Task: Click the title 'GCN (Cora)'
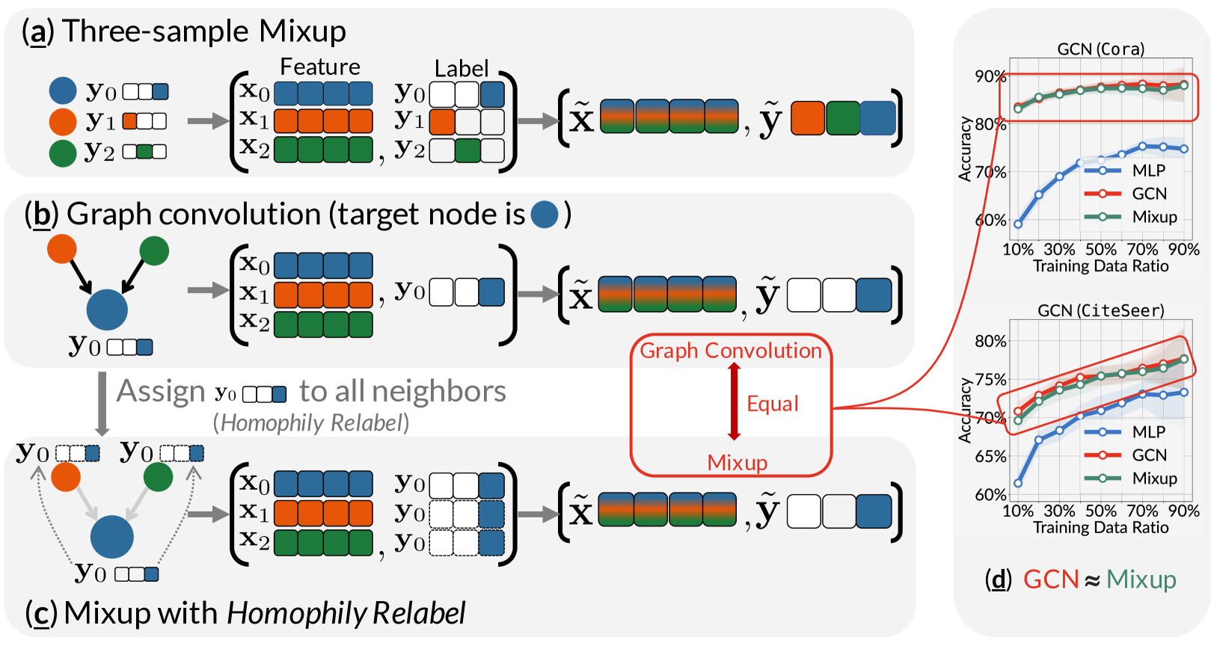1101,49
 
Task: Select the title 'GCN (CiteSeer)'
1101,311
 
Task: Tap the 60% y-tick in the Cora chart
990,221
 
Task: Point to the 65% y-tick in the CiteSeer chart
990,457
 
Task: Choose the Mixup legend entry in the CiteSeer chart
1131,479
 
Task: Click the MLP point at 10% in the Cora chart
1018,224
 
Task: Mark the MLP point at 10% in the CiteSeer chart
1018,483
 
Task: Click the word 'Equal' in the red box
773,404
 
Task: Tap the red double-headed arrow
734,401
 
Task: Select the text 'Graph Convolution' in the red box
730,351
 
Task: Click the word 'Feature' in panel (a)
320,67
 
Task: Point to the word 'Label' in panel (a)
462,69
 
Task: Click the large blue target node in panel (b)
107,310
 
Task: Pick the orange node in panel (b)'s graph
62,249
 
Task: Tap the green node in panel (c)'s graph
158,476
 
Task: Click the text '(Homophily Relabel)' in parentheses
311,422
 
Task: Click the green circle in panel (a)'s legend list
63,153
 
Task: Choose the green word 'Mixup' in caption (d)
1141,579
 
